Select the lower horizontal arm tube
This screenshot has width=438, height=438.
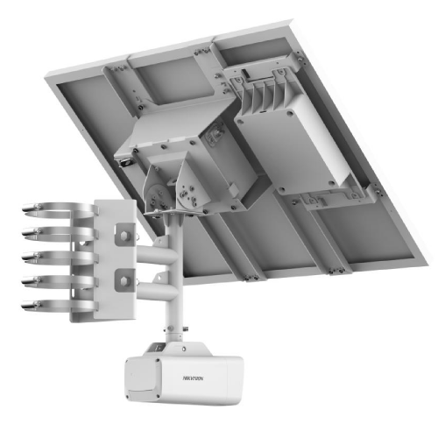[x=158, y=289]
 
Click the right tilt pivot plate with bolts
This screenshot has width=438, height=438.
[x=191, y=186]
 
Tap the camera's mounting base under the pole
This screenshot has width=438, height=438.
[x=179, y=337]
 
